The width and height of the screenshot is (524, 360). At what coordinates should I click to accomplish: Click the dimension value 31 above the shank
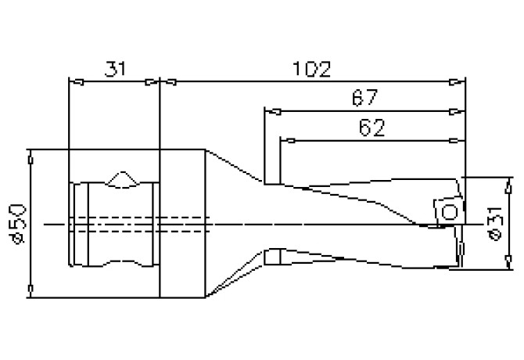(x=114, y=69)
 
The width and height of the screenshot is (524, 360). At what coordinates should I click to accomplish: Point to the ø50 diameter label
(x=17, y=224)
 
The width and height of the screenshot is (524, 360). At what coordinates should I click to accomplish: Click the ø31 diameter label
(x=498, y=223)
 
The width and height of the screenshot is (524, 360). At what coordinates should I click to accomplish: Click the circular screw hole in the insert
(x=448, y=212)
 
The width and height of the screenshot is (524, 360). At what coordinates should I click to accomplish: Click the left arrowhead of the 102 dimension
(x=166, y=81)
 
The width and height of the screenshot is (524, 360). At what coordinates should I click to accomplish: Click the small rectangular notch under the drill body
(x=272, y=257)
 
